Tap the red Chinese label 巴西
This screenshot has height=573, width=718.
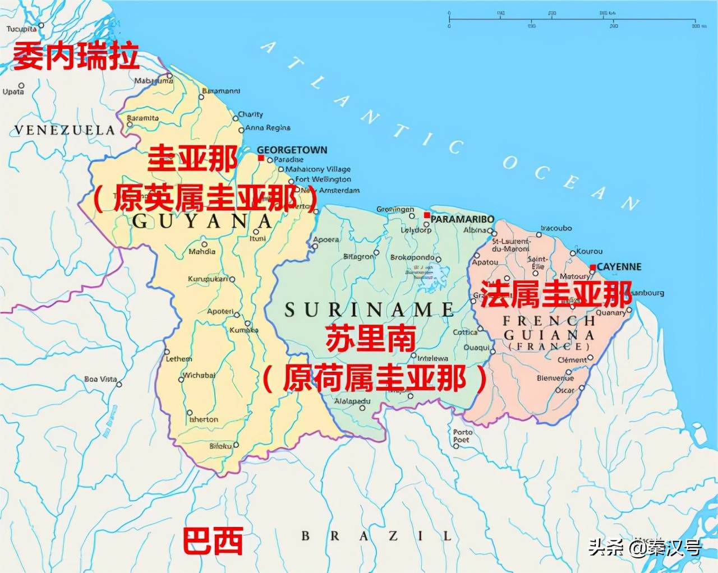(213, 541)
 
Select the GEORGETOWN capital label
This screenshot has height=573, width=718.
(292, 150)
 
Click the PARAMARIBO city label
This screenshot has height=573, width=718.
(462, 219)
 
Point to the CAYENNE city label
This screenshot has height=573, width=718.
(619, 267)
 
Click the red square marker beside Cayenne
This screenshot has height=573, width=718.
(592, 267)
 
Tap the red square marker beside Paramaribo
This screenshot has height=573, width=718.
(427, 215)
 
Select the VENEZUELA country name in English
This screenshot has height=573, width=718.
(65, 130)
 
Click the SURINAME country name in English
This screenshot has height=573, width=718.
(369, 309)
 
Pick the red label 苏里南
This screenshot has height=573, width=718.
(371, 338)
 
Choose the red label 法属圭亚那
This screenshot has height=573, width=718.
(556, 294)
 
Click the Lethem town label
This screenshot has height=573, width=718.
(178, 359)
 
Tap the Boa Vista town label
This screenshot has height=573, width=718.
(100, 380)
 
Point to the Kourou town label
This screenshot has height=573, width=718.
(590, 251)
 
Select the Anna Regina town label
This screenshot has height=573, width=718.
(268, 128)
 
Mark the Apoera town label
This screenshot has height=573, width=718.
(326, 239)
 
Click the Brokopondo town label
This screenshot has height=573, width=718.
(412, 257)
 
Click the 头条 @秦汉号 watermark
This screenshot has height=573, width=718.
(645, 547)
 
